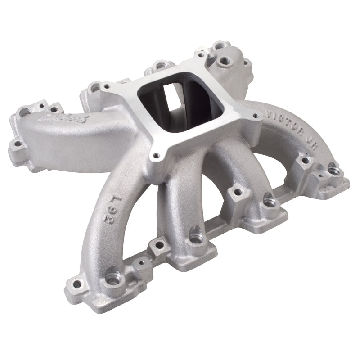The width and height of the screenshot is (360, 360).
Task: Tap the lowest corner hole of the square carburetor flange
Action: pyautogui.click(x=156, y=156)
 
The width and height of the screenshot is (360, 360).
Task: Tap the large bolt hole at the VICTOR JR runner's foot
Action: pyautogui.click(x=334, y=170)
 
